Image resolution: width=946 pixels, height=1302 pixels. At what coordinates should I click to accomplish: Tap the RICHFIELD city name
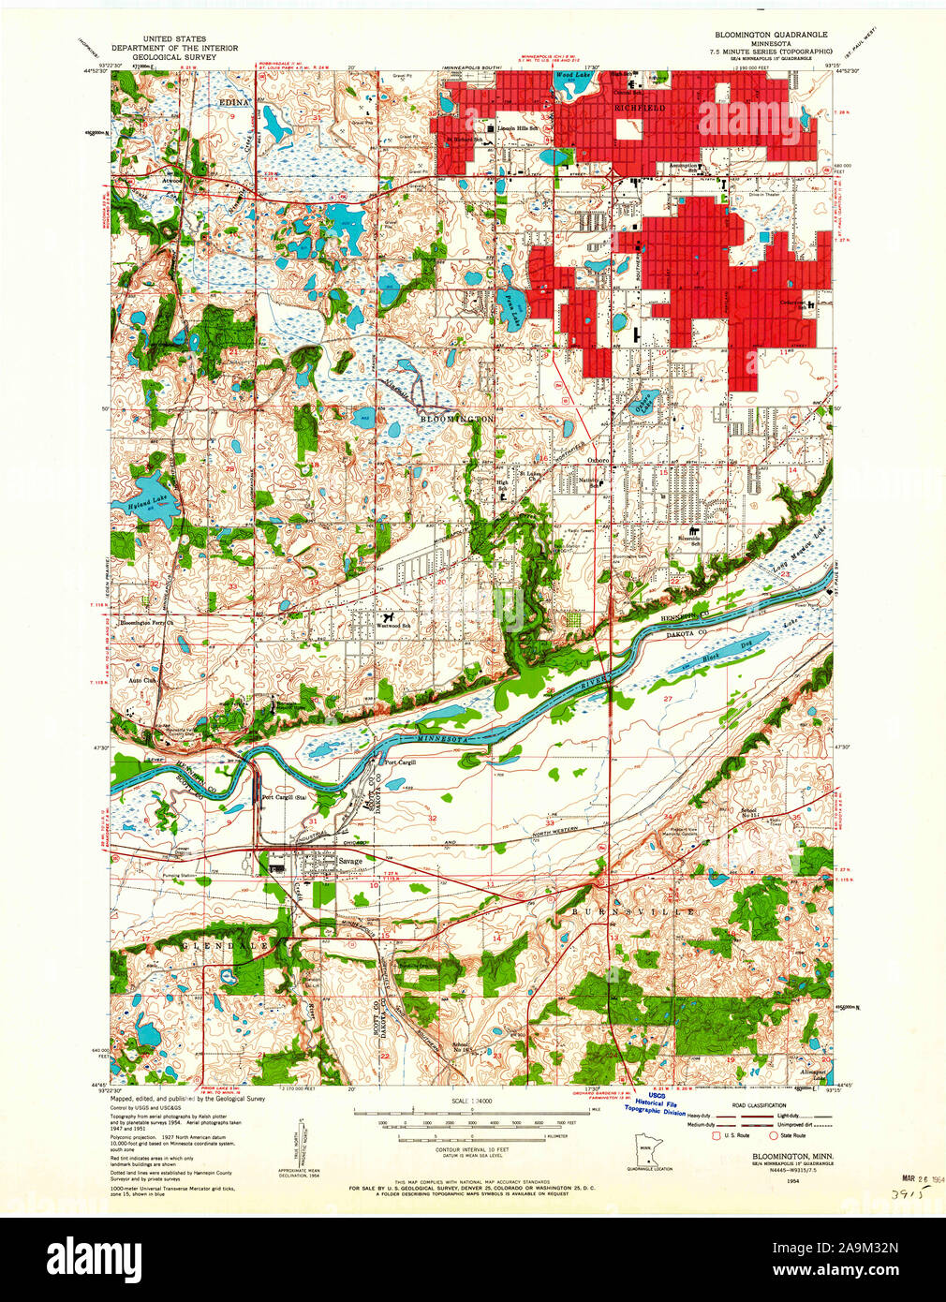click(640, 109)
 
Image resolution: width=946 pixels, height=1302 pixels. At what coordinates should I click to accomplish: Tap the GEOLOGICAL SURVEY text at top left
click(174, 57)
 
